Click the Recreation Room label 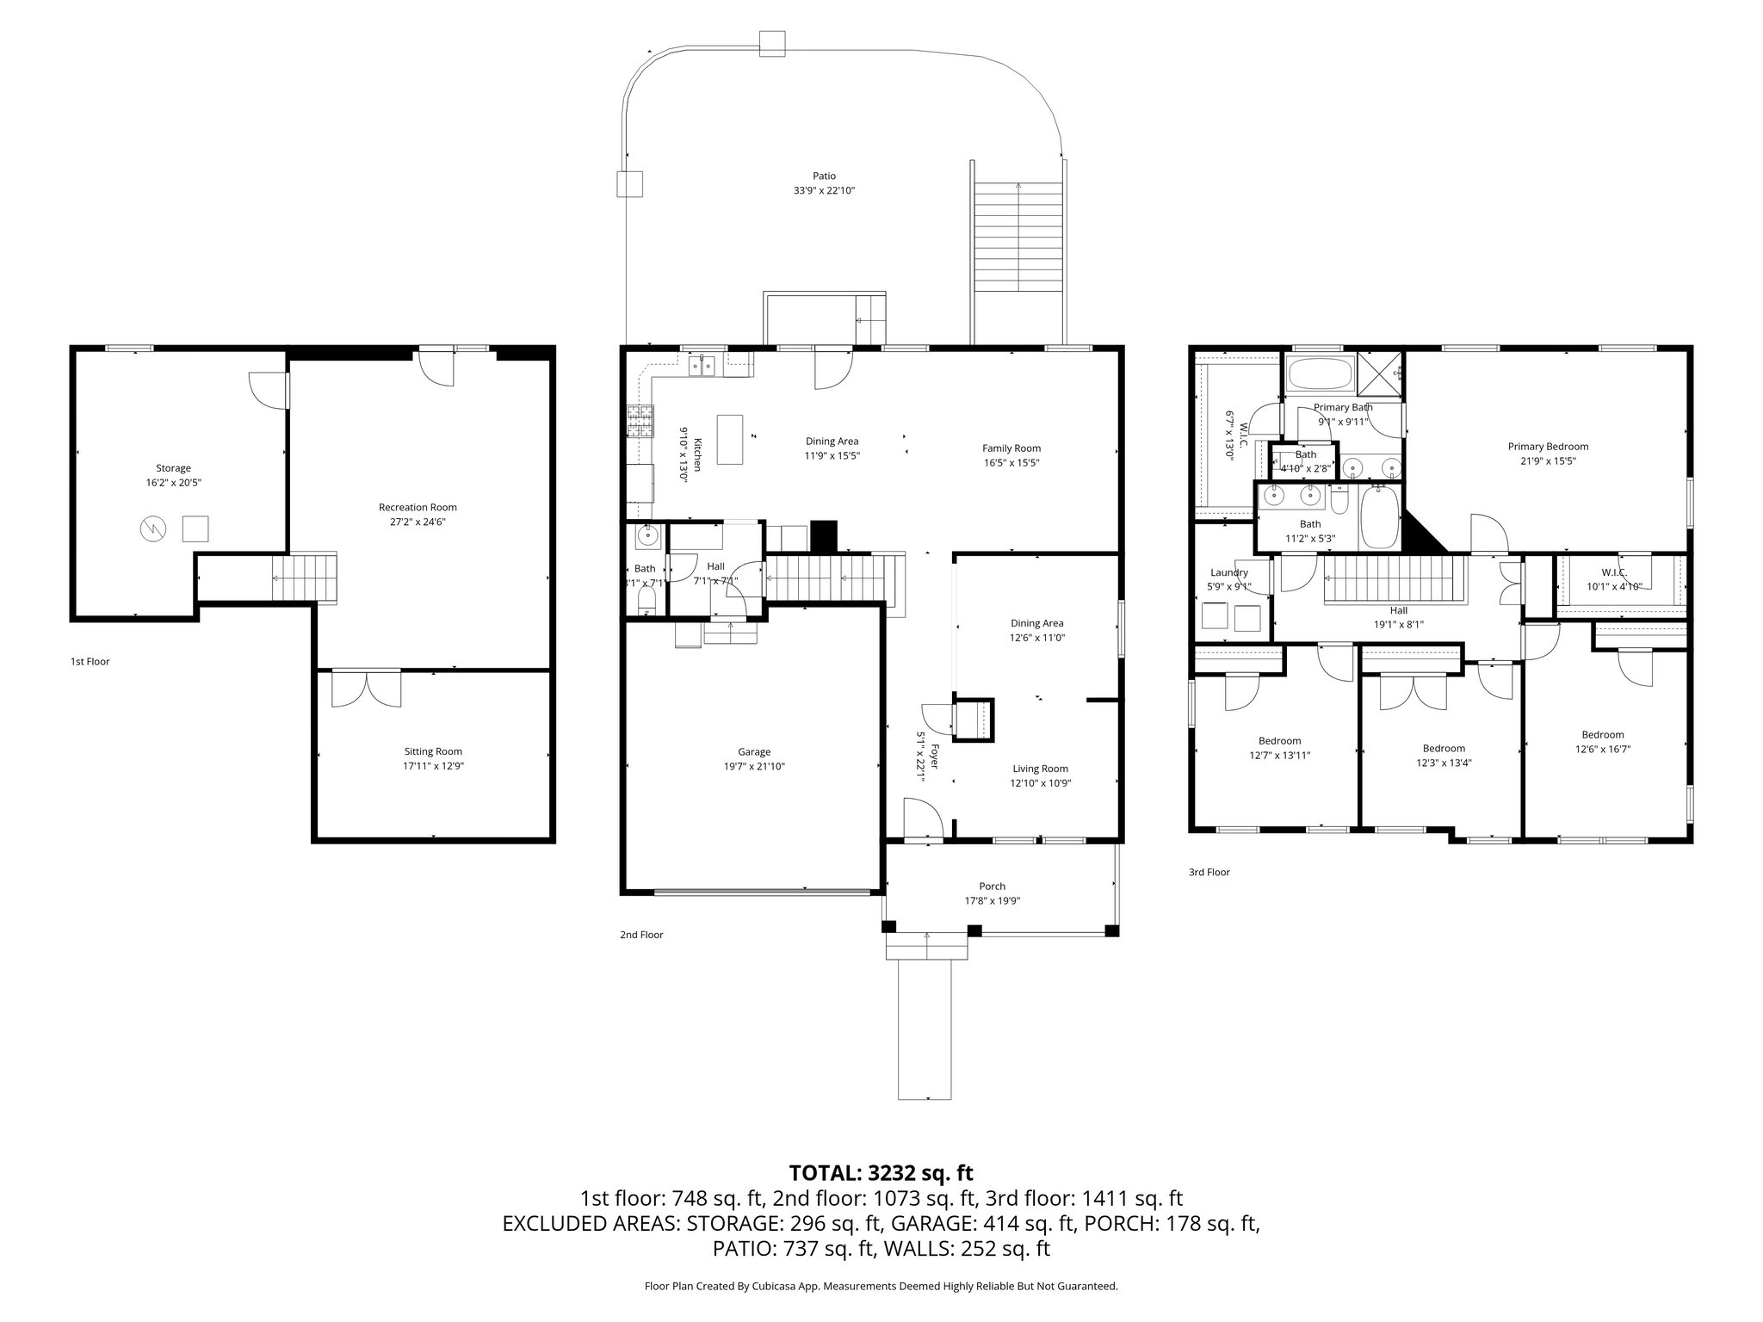418,507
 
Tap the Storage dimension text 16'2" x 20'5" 173,483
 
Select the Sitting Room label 433,751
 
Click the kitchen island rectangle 729,439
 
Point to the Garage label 754,751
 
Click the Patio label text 824,176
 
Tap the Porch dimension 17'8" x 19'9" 992,900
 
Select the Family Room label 1011,448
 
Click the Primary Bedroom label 1548,446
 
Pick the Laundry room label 1228,572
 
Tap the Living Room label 1040,769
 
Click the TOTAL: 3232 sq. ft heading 881,1172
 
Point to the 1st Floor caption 90,661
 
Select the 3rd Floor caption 1209,872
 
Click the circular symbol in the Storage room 152,529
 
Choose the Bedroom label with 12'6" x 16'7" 1602,734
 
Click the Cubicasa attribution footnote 881,1286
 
